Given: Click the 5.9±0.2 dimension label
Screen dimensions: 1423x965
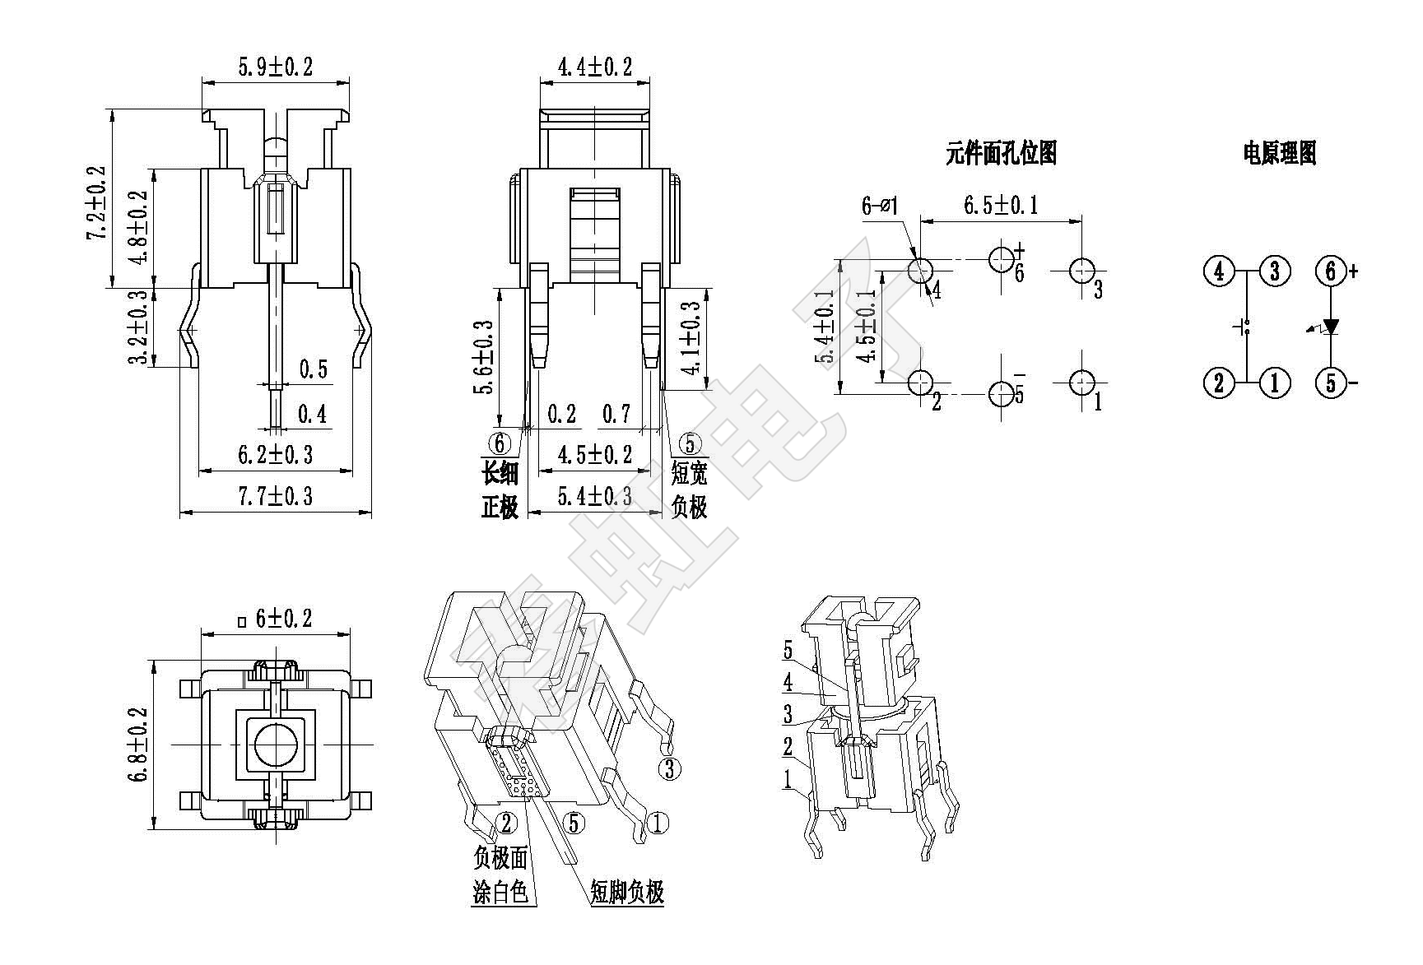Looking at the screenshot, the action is (x=276, y=67).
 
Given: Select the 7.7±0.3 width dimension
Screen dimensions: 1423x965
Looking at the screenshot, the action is (x=276, y=497).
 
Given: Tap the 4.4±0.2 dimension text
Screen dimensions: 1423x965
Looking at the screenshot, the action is (x=595, y=67).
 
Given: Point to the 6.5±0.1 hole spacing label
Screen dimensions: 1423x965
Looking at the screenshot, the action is (x=1001, y=205).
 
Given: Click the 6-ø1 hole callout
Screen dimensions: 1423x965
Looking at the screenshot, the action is (x=881, y=205).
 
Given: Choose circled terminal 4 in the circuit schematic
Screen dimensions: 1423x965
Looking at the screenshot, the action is (x=1219, y=271).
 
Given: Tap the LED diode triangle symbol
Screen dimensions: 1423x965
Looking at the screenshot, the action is (x=1330, y=327).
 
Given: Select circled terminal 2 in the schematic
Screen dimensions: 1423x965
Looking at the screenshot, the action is (x=1219, y=383).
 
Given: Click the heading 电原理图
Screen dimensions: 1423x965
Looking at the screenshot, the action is (x=1280, y=153).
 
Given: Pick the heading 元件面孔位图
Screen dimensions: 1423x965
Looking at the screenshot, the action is (x=1001, y=153).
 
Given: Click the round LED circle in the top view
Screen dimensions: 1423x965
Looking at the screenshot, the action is (x=276, y=745).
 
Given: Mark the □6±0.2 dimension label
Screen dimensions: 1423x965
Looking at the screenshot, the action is (x=275, y=618).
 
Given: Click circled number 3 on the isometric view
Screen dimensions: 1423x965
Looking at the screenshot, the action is (x=670, y=768).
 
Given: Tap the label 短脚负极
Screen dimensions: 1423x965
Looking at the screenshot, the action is (x=627, y=892).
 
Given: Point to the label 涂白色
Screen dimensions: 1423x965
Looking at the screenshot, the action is (x=500, y=892).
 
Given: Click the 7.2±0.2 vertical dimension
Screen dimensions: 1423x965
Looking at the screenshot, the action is (x=97, y=202).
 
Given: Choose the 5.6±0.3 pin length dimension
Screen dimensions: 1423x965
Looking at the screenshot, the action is (x=484, y=357).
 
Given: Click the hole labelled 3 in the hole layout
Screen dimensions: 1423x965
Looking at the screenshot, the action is (x=1082, y=270).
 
